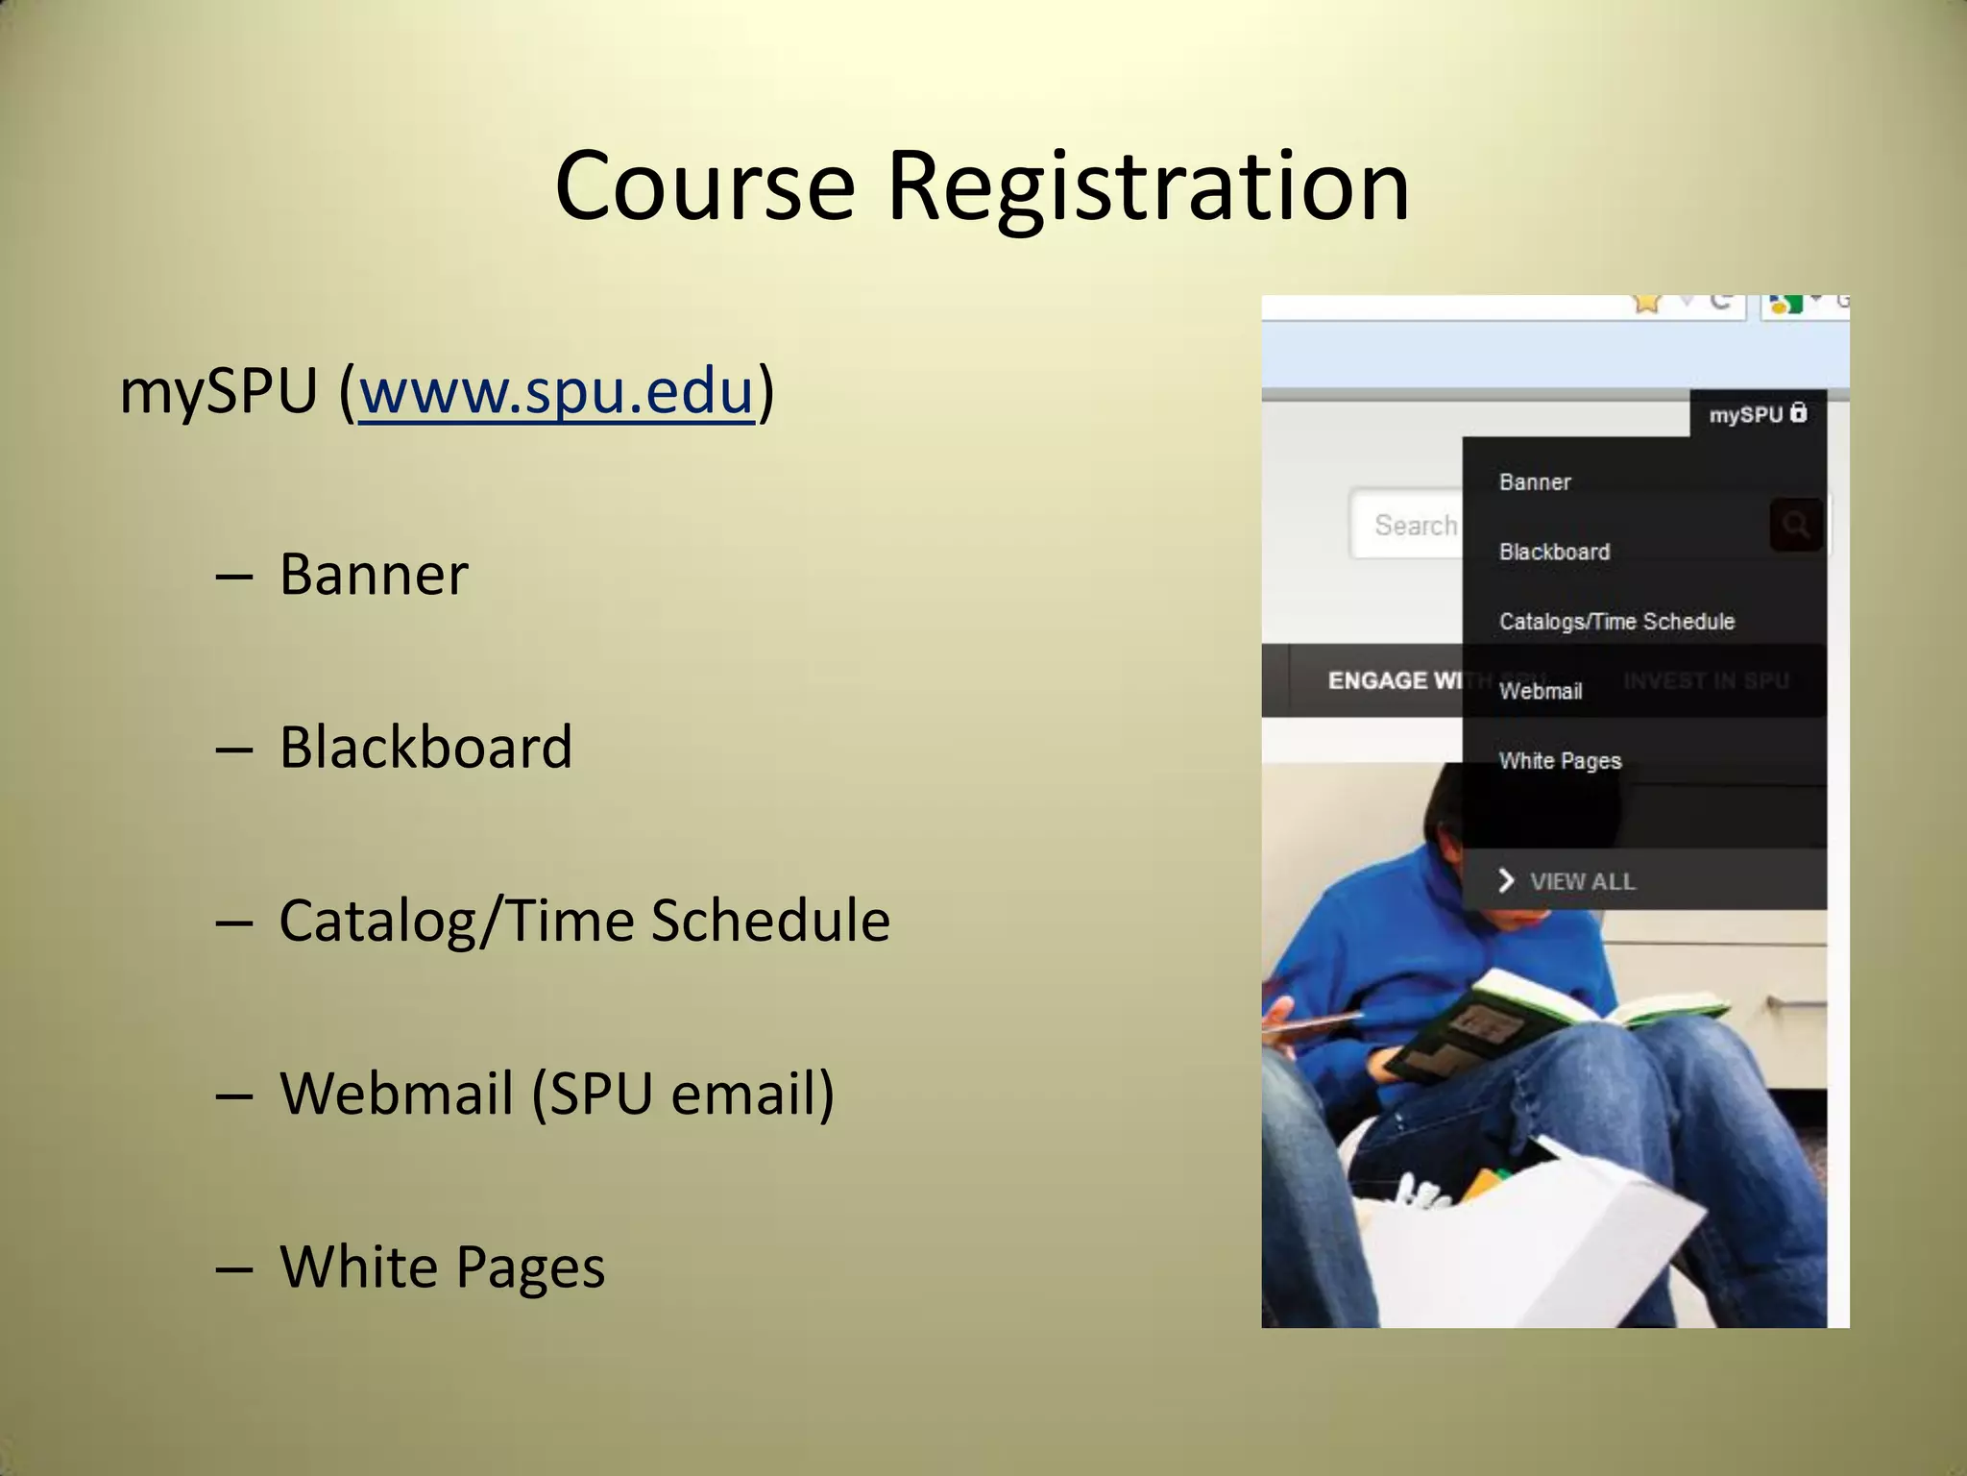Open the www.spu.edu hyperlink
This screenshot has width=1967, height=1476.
[x=556, y=392]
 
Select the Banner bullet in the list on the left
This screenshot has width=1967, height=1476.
[x=374, y=574]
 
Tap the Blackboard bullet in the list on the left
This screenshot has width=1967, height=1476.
[x=425, y=747]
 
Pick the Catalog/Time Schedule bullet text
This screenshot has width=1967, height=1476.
[x=584, y=920]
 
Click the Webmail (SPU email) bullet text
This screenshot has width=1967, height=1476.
[x=557, y=1093]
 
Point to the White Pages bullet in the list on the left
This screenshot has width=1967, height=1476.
[x=442, y=1266]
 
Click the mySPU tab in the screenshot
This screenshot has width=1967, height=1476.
[x=1757, y=414]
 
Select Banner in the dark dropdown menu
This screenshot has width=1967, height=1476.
[x=1535, y=482]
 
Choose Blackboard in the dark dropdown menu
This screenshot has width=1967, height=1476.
[x=1554, y=552]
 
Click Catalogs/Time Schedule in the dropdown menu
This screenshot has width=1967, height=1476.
[x=1616, y=622]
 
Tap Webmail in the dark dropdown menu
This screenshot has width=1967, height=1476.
[x=1541, y=691]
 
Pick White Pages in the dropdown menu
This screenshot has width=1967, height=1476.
[x=1560, y=761]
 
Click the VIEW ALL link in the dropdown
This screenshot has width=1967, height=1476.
[x=1581, y=881]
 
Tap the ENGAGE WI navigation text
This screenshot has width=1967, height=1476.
[x=1393, y=680]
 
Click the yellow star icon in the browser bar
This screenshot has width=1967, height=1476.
[x=1646, y=304]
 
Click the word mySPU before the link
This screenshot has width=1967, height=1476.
[x=218, y=392]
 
